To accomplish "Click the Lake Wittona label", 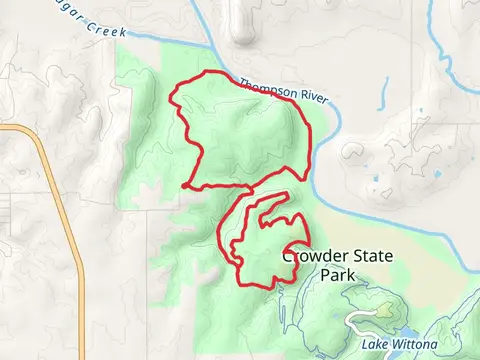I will point(400,345).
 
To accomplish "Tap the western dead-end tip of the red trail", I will point(185,185).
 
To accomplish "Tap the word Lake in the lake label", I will point(375,345).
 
